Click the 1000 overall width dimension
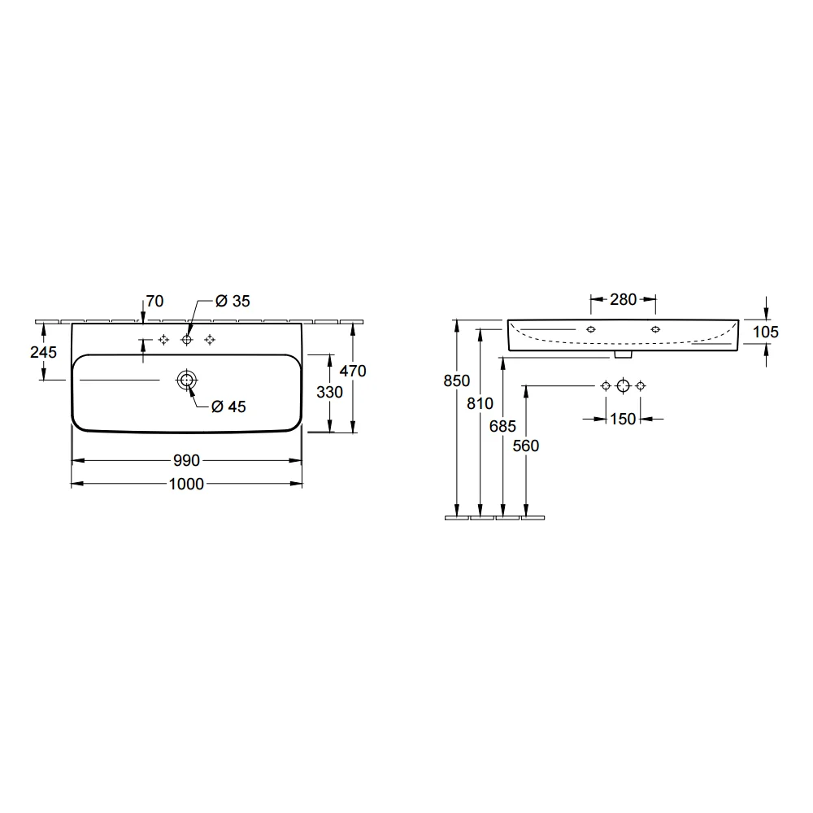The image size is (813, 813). (x=186, y=484)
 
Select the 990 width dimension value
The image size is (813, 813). (x=186, y=460)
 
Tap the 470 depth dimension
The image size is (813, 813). (x=353, y=371)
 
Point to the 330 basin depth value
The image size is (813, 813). (x=330, y=392)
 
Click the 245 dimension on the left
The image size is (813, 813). (x=44, y=352)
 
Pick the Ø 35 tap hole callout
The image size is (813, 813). (x=233, y=301)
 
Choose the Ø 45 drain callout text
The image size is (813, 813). (x=228, y=406)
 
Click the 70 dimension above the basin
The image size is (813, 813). (x=154, y=301)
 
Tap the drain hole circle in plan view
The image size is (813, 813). (x=187, y=380)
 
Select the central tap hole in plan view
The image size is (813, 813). (x=187, y=340)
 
